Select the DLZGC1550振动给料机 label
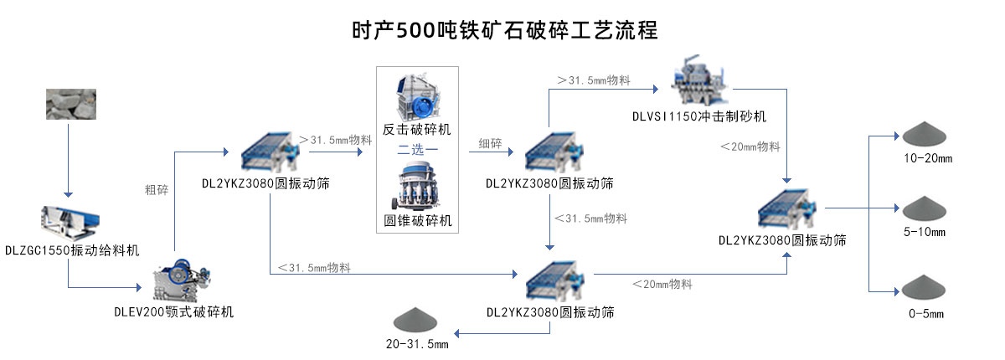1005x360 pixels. pos(72,249)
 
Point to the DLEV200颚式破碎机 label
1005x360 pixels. pos(173,311)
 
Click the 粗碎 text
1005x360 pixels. pos(157,190)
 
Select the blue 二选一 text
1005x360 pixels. pos(417,150)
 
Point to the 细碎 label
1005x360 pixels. pos(490,143)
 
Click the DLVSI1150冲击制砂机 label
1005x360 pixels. pos(699,116)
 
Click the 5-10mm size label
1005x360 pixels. pos(925,232)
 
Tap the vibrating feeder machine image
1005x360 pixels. pos(72,219)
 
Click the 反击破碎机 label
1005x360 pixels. pos(416,130)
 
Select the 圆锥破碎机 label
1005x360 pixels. pos(417,221)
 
